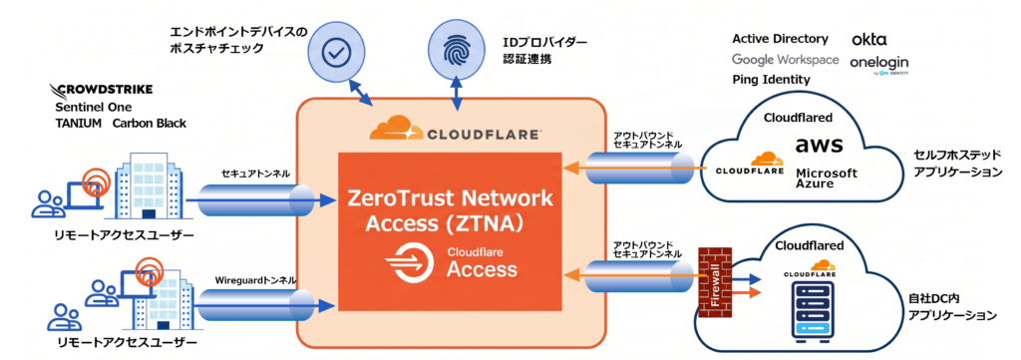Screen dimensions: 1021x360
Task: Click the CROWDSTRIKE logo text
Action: click(101, 89)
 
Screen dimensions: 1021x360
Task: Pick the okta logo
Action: click(869, 40)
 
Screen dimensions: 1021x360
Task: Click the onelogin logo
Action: click(879, 64)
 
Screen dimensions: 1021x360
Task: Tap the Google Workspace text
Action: click(786, 59)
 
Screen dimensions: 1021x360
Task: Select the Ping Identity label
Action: click(771, 80)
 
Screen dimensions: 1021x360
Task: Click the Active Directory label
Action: click(780, 39)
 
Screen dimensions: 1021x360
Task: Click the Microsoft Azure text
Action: click(827, 179)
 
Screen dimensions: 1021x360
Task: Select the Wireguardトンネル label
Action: click(255, 280)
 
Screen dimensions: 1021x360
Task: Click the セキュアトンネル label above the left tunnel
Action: click(255, 174)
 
